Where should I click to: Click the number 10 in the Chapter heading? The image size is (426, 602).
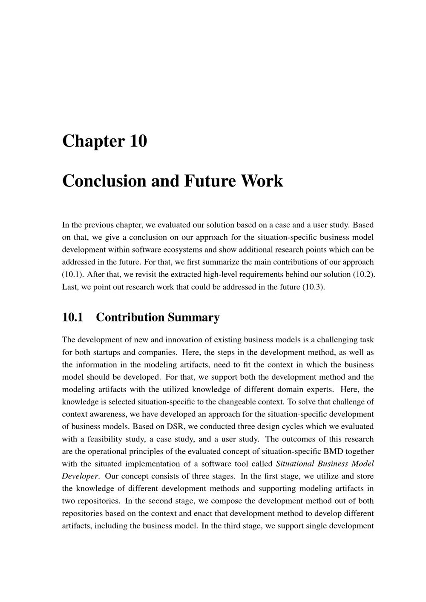tap(138, 141)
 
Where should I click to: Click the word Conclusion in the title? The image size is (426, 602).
tap(100, 181)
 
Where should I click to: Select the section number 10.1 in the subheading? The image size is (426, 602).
tap(72, 317)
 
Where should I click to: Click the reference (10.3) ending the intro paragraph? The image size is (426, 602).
tap(314, 287)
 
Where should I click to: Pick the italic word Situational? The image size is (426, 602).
tap(294, 464)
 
